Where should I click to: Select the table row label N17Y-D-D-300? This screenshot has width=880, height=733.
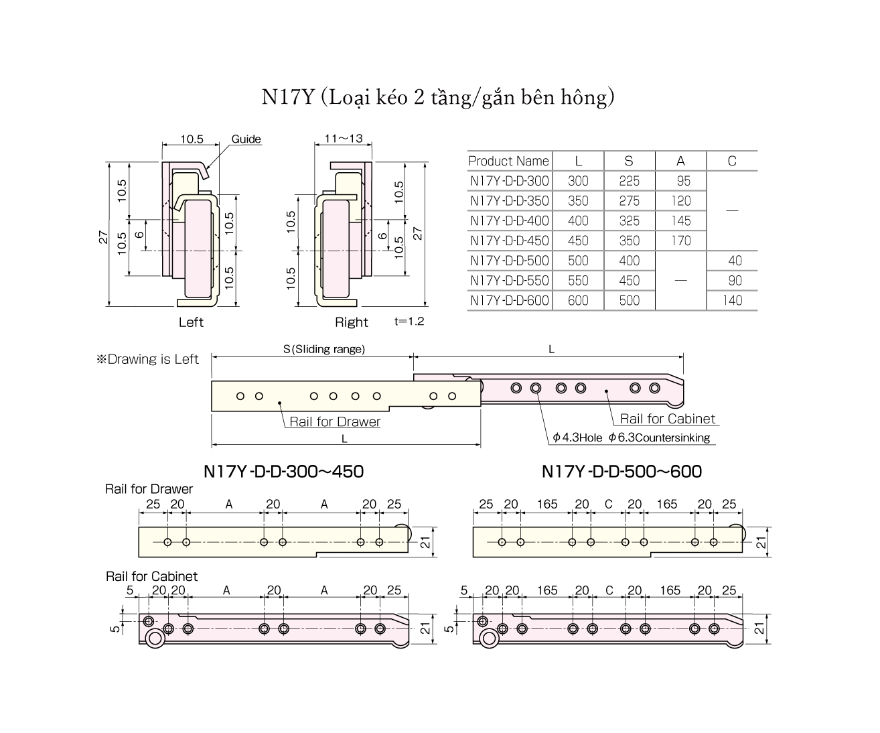[x=509, y=181]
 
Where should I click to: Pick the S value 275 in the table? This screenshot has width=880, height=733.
[x=629, y=201]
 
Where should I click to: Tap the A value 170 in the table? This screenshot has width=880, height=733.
[x=680, y=241]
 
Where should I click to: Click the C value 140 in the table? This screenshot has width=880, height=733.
[x=732, y=301]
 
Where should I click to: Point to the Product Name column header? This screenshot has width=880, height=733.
[x=508, y=161]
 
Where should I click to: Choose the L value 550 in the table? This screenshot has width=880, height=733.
[x=578, y=281]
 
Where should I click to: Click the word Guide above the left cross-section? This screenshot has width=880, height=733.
[x=246, y=139]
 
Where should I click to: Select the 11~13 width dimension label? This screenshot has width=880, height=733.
[x=343, y=139]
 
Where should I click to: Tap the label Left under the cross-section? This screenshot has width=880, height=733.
[x=191, y=322]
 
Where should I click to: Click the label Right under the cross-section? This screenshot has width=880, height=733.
[x=352, y=322]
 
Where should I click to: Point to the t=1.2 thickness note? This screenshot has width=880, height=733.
[x=409, y=322]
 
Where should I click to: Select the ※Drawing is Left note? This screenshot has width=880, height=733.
[x=148, y=359]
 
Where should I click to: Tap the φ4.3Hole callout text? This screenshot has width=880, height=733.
[x=578, y=438]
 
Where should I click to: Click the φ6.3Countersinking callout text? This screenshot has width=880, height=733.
[x=659, y=438]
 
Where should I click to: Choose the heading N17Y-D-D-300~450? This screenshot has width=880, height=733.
[x=284, y=472]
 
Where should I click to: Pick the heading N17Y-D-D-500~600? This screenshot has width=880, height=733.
[x=621, y=472]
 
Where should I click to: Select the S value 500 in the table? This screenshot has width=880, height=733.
[x=629, y=301]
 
